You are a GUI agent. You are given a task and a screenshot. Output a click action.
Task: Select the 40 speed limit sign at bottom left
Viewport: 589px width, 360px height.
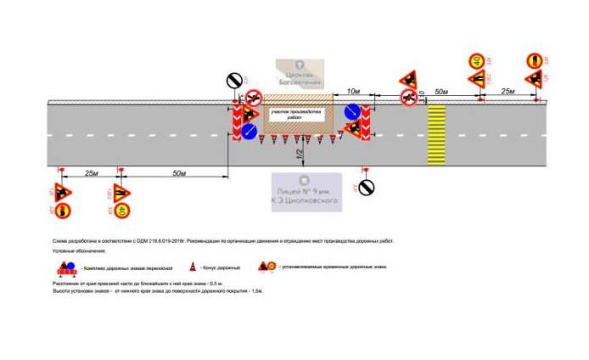pos(122,210)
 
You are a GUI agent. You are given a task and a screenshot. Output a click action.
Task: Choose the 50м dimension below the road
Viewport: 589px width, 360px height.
pos(178,173)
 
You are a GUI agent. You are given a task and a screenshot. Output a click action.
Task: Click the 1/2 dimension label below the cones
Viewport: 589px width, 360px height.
pos(300,154)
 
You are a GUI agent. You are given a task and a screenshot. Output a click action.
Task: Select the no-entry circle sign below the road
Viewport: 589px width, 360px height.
pos(367,187)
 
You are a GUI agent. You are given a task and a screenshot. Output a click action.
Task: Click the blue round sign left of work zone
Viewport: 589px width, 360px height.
pos(250,132)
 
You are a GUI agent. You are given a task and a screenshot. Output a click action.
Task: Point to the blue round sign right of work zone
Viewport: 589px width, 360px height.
pos(353,112)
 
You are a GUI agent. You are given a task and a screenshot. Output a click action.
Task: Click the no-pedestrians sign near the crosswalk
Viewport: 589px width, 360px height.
pos(408,98)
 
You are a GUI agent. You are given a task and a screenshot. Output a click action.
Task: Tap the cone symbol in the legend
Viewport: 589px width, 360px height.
pos(192,267)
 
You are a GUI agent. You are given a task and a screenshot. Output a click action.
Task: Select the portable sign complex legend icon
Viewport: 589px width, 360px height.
pos(68,267)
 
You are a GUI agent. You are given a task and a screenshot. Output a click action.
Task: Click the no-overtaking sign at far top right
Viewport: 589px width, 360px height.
pos(535,61)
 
